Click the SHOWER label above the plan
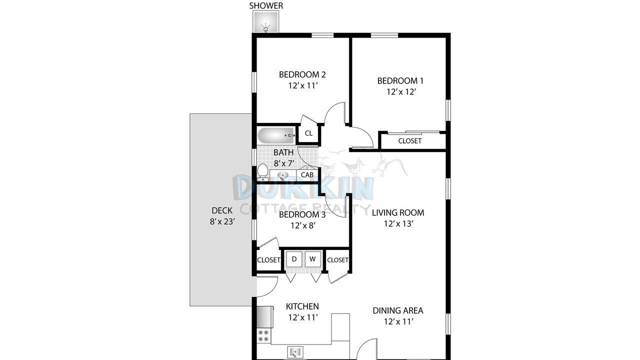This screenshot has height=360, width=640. [x=266, y=5]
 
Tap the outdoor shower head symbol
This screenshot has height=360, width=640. [x=266, y=27]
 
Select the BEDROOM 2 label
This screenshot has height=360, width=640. [x=302, y=74]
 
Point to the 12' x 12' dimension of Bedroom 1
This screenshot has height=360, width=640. [x=401, y=91]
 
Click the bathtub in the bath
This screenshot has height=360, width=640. [x=276, y=135]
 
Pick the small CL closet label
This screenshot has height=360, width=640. [x=308, y=133]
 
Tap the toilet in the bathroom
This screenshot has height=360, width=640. [x=262, y=172]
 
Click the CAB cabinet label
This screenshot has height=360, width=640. [x=307, y=174]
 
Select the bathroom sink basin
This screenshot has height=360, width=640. [x=283, y=175]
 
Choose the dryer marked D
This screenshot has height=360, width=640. [x=294, y=259]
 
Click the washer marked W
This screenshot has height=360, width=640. [x=312, y=259]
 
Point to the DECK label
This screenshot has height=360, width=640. [x=222, y=210]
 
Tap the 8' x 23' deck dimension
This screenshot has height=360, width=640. [x=222, y=221]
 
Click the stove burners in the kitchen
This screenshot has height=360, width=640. [x=263, y=335]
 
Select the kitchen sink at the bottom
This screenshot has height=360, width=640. [x=295, y=351]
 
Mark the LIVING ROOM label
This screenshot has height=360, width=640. [x=398, y=212]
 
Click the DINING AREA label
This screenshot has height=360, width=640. [x=398, y=310]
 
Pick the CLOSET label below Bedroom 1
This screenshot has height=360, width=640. [x=409, y=141]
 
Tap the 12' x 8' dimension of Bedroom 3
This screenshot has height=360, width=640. [x=303, y=225]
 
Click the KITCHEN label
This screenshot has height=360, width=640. [x=302, y=306]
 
